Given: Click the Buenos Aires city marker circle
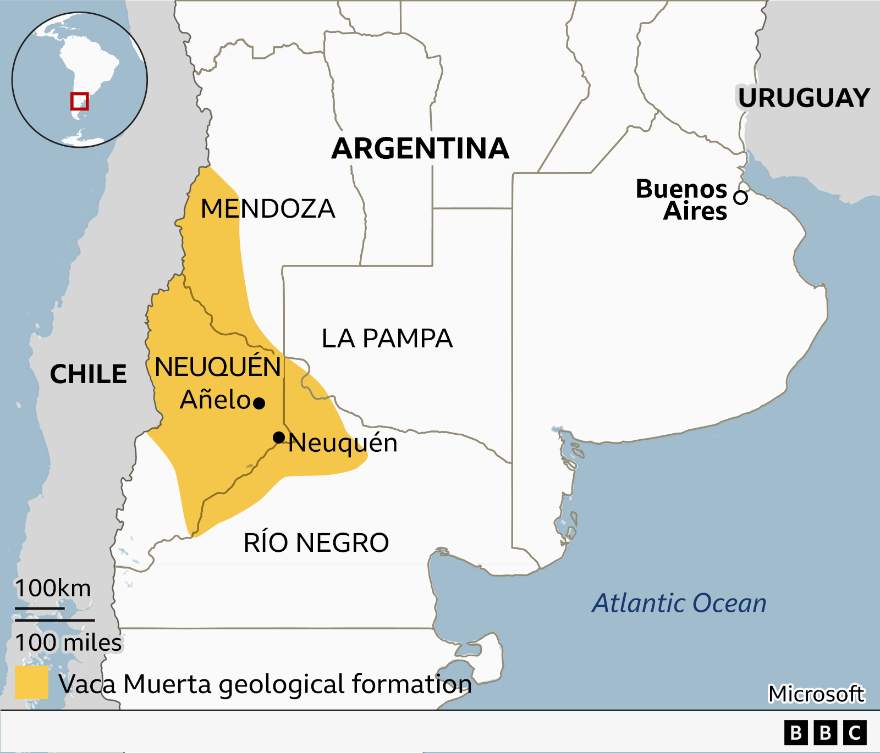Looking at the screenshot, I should (741, 197).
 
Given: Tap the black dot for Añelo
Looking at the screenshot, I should (259, 403).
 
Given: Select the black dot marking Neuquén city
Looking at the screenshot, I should (279, 438).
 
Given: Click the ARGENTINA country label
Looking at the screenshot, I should (420, 148).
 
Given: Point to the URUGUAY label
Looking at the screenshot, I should (804, 98).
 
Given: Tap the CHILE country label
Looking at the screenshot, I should (88, 374).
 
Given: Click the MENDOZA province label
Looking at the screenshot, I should (268, 209).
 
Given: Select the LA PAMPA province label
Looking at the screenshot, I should (387, 339).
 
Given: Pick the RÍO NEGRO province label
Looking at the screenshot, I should (316, 543).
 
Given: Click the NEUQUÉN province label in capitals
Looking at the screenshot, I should (218, 367).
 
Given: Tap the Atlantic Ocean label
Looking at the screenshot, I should (679, 603).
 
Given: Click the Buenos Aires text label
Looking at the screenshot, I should (682, 200).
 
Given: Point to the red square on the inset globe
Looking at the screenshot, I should (79, 101).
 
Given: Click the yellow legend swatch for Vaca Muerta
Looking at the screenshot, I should (31, 683).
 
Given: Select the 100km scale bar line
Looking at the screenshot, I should (40, 608).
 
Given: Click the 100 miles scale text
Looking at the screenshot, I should (68, 643).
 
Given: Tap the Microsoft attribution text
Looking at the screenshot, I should (816, 694).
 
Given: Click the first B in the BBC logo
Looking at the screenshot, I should (796, 733).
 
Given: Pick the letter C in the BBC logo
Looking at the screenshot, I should (855, 733).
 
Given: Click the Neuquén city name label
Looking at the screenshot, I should (343, 443).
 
